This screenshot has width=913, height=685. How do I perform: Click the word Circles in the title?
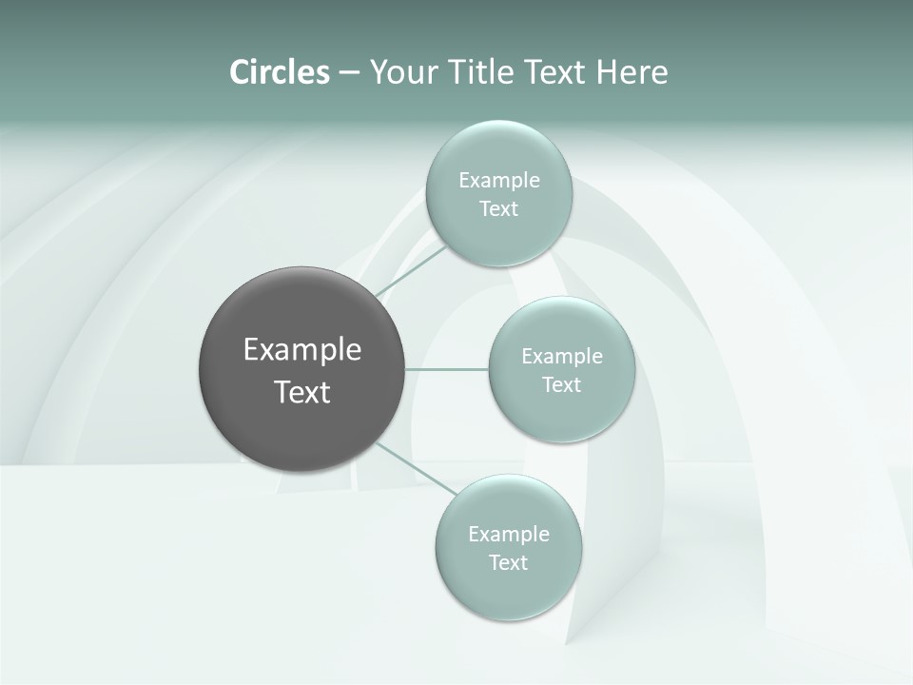click(280, 72)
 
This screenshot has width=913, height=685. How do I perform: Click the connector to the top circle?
click(411, 271)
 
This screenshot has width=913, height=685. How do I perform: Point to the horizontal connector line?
click(447, 369)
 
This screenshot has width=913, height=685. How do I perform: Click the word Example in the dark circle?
click(302, 350)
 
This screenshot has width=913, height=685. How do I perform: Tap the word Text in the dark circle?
click(302, 392)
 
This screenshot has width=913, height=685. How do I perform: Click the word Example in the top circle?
click(499, 180)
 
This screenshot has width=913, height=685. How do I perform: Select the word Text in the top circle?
click(498, 208)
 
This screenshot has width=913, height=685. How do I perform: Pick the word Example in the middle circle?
click(562, 356)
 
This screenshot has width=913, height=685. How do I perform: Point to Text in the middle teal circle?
click(561, 384)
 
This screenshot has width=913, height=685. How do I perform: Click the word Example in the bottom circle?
click(509, 534)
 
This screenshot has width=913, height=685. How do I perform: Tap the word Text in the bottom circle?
click(508, 562)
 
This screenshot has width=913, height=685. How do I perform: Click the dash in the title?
click(349, 72)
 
